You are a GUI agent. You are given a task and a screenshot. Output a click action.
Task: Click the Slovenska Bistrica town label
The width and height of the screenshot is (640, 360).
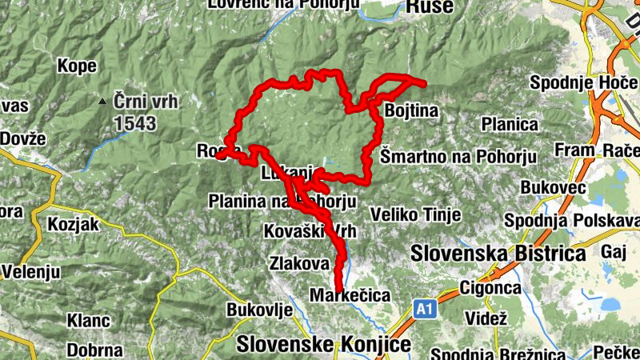click(498, 254)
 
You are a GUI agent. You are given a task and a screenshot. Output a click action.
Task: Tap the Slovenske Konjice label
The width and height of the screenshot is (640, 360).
click(324, 345)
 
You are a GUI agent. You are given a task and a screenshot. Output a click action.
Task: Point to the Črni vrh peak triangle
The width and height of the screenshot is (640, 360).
click(102, 102)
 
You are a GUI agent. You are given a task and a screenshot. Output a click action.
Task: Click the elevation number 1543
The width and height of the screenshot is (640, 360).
click(135, 123)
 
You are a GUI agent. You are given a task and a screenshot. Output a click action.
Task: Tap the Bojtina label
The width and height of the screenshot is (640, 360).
click(411, 111)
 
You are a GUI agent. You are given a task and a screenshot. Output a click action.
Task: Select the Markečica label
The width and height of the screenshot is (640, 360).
click(350, 296)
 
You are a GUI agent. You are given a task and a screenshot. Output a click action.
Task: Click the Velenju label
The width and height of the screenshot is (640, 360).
click(30, 271)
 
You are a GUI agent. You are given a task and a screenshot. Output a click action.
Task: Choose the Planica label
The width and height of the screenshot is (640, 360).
click(510, 124)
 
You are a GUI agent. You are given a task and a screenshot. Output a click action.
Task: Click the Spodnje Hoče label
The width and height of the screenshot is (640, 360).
click(571, 82)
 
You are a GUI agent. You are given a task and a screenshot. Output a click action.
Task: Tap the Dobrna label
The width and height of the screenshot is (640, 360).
click(94, 350)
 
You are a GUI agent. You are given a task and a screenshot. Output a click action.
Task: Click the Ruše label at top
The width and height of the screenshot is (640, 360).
click(430, 7)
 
